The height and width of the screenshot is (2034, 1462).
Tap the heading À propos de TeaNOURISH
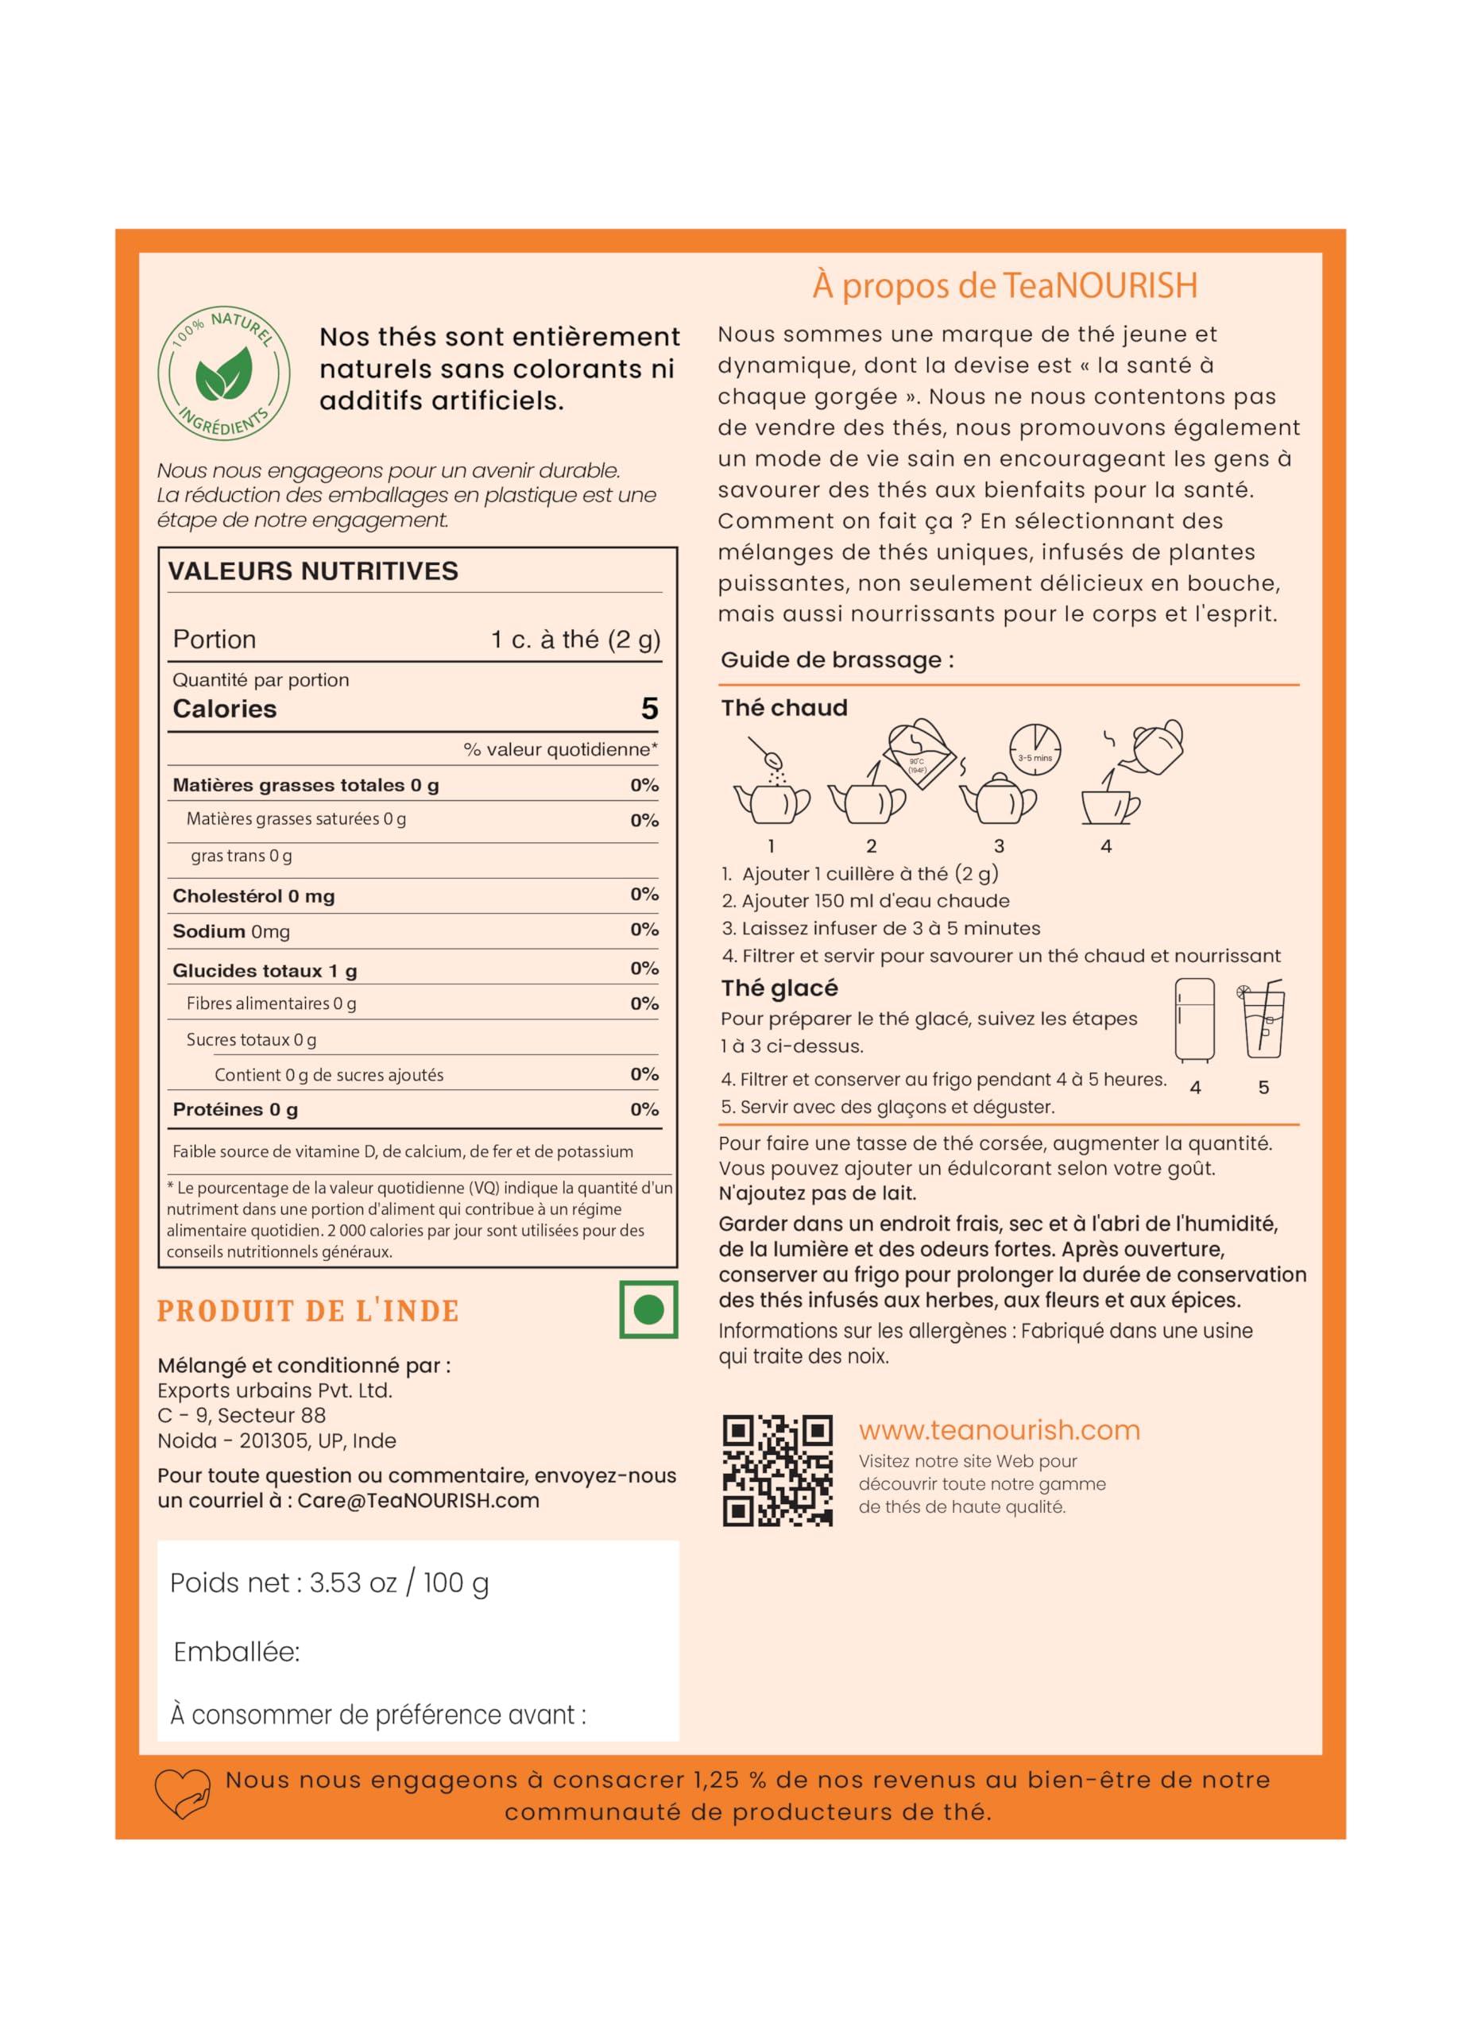(1004, 285)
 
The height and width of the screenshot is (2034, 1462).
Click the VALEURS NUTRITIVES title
(313, 571)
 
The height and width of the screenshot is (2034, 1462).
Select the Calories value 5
(649, 710)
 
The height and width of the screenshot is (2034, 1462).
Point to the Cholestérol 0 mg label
(253, 896)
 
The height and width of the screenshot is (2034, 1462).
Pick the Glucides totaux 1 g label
(265, 970)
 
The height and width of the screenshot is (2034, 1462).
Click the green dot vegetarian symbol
(648, 1310)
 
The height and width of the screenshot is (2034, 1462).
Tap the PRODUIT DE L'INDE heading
(307, 1311)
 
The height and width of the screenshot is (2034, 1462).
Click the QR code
(778, 1471)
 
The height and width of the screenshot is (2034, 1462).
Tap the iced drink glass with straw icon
(1263, 1021)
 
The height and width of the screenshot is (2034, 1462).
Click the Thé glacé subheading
(779, 988)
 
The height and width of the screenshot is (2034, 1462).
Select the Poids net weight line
(329, 1583)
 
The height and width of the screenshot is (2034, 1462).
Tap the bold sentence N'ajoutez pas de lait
(817, 1193)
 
